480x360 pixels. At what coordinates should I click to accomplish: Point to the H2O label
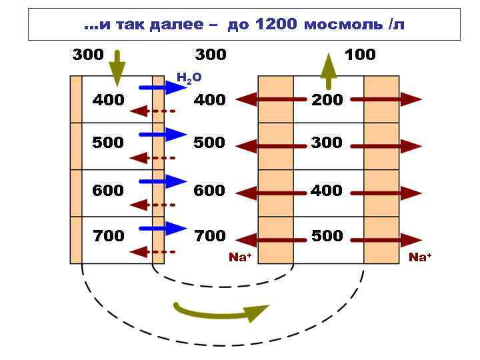189,79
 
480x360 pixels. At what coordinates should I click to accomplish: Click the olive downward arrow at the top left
117,68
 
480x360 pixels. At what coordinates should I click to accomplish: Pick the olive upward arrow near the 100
329,71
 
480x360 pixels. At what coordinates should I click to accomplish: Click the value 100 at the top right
360,55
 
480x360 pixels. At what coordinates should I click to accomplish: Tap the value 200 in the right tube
327,100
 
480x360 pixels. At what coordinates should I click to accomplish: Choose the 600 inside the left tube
108,191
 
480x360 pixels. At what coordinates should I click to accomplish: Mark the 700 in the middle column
209,236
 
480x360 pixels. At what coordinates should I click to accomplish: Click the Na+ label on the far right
420,257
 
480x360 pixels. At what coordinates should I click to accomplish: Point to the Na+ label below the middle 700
240,257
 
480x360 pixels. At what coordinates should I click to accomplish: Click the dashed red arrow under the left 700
152,252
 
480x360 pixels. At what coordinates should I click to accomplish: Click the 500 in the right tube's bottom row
327,236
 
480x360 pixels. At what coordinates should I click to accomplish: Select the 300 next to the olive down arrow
88,55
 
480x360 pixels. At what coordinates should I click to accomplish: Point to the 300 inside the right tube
327,143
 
